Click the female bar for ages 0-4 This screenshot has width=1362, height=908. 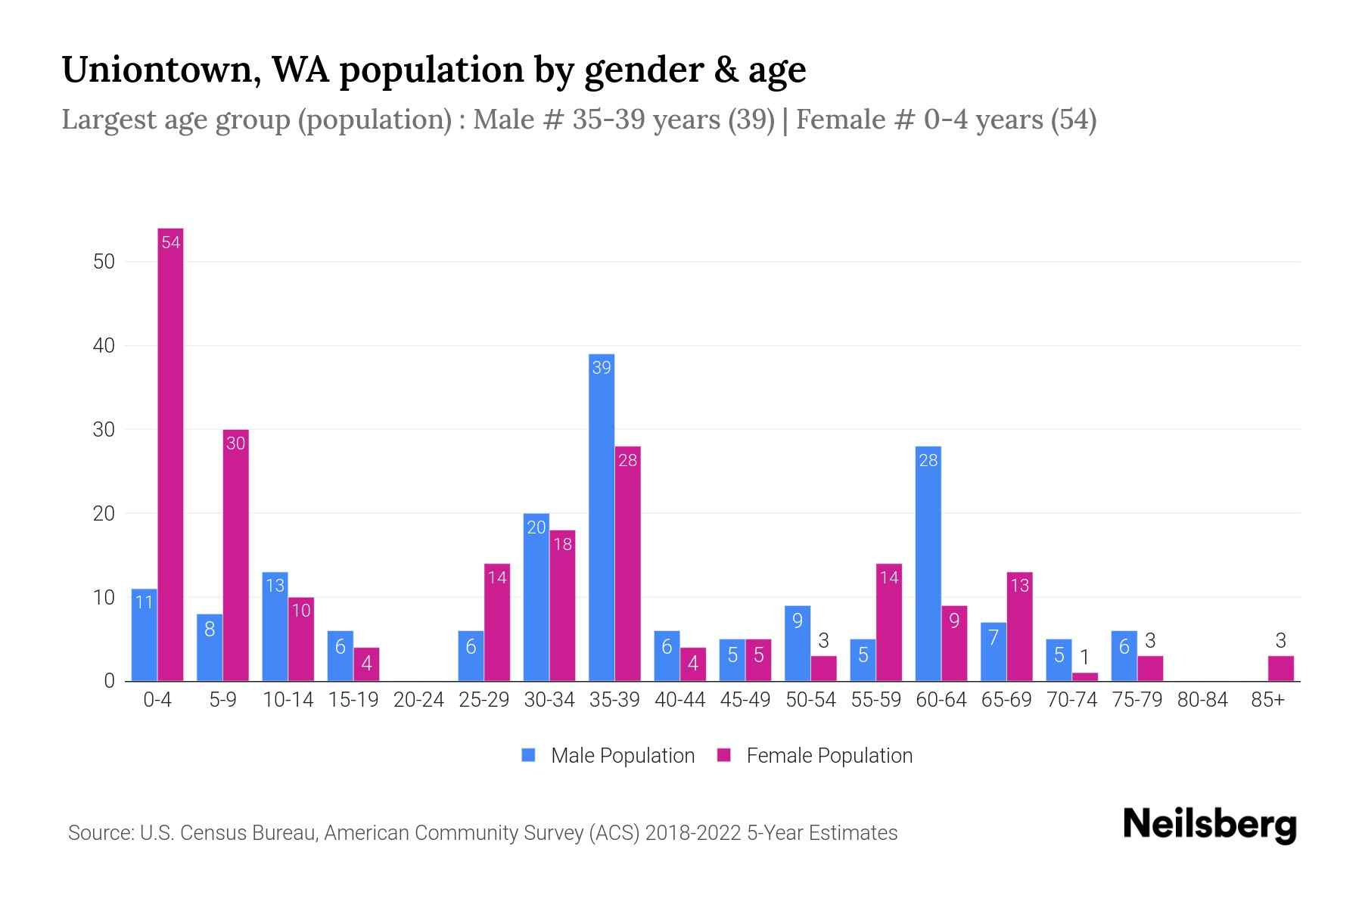pyautogui.click(x=170, y=454)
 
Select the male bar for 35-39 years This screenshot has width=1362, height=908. pyautogui.click(x=602, y=518)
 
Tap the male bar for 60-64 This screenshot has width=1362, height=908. pyautogui.click(x=928, y=564)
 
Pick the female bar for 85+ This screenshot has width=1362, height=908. pyautogui.click(x=1281, y=669)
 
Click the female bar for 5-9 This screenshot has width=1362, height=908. pyautogui.click(x=236, y=555)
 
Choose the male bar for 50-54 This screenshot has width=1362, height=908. pyautogui.click(x=798, y=643)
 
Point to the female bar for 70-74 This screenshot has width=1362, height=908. pyautogui.click(x=1085, y=676)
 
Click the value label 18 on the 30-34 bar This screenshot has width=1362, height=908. pyautogui.click(x=562, y=544)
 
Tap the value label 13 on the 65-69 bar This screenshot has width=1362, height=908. pyautogui.click(x=1019, y=586)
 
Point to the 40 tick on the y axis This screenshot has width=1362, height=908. pyautogui.click(x=104, y=346)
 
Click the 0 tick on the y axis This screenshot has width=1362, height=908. pyautogui.click(x=109, y=681)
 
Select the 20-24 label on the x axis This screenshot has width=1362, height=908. pyautogui.click(x=418, y=700)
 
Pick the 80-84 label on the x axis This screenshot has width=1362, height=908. pyautogui.click(x=1202, y=700)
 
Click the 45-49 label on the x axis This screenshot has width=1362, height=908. pyautogui.click(x=745, y=700)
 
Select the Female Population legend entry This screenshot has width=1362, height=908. pyautogui.click(x=814, y=755)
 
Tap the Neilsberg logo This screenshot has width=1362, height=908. pyautogui.click(x=1209, y=825)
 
